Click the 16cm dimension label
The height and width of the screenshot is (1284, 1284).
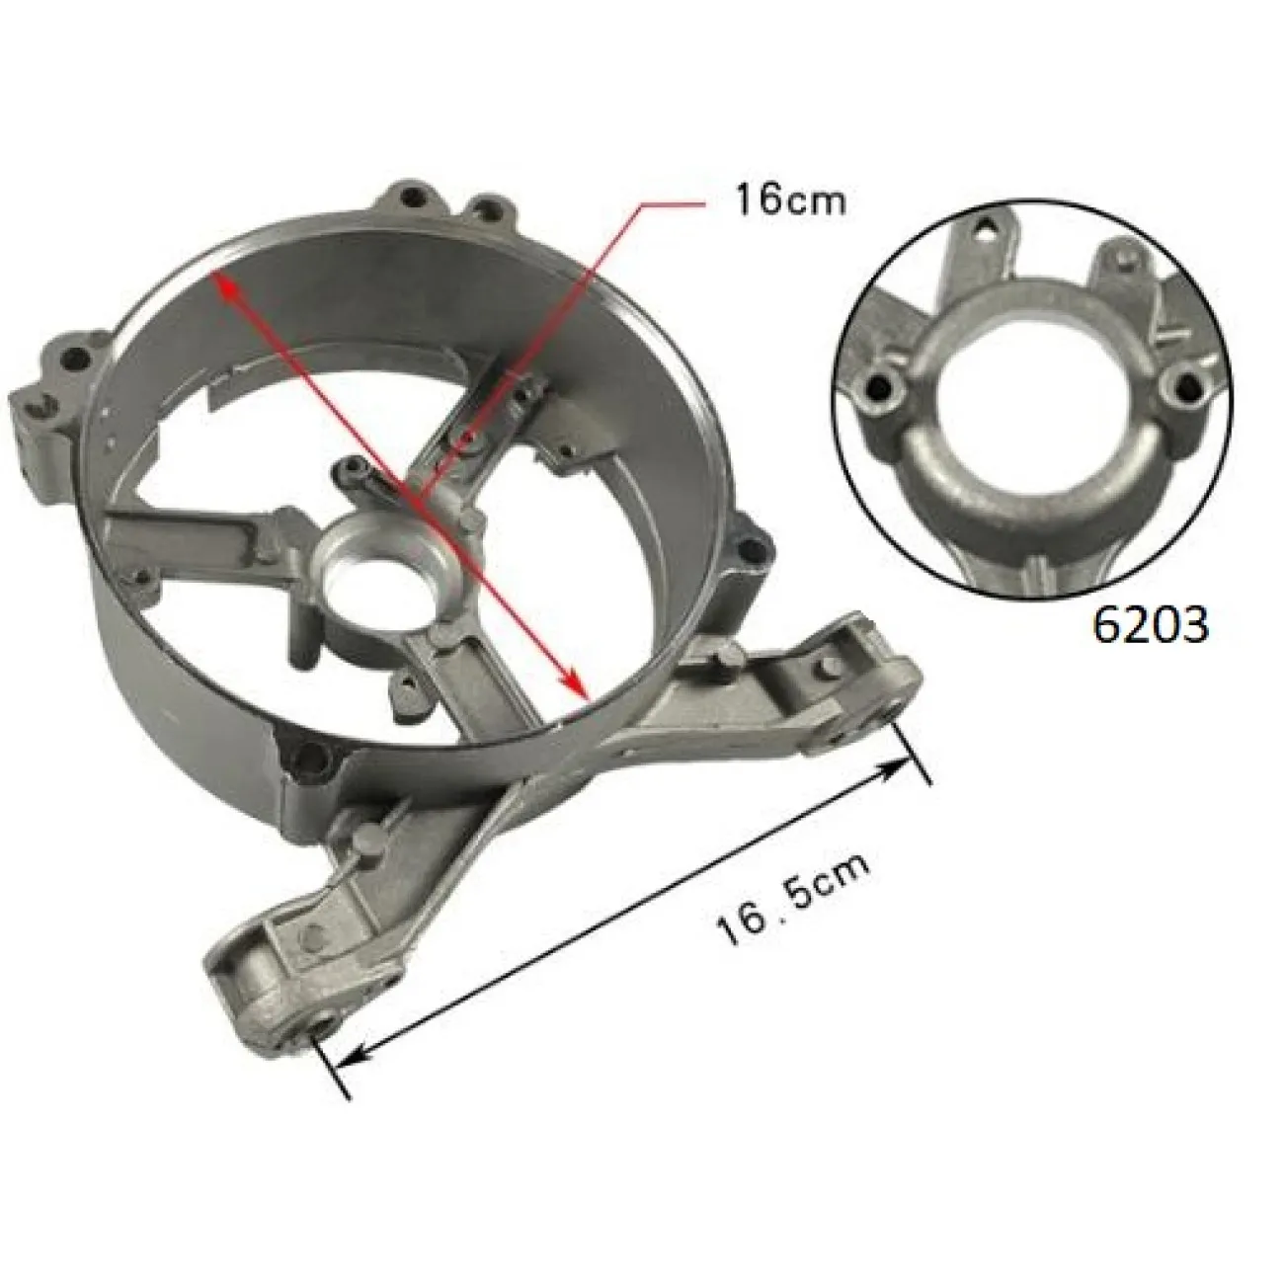pyautogui.click(x=789, y=201)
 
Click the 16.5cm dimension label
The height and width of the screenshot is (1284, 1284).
pyautogui.click(x=794, y=900)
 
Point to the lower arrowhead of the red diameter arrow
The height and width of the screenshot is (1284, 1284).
pyautogui.click(x=576, y=687)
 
